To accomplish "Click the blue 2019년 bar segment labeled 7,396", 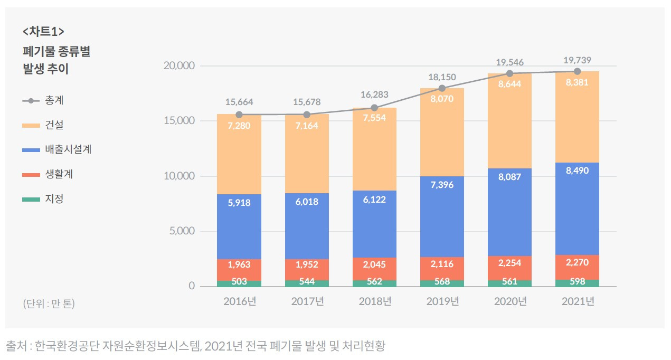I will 442,216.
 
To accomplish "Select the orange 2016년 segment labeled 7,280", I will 239,154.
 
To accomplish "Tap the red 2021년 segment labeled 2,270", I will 577,267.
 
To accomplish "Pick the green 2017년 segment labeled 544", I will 307,283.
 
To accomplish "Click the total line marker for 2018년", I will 374,108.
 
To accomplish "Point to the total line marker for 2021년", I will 577,71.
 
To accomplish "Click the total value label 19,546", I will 509,62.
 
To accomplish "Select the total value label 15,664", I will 239,102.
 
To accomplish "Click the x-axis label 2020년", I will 509,302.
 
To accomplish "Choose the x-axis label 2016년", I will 239,302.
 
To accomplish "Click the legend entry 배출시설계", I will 69,150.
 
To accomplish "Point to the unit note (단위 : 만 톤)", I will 49,305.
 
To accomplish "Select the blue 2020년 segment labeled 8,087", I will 509,212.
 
